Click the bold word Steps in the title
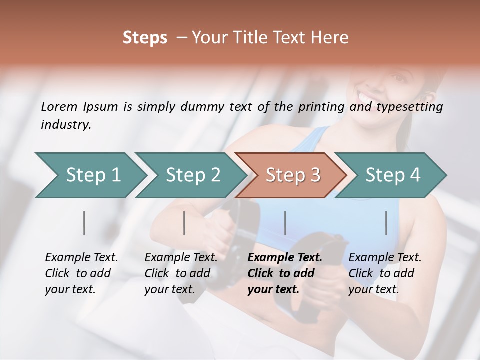pyautogui.click(x=145, y=38)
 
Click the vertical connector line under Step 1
pyautogui.click(x=84, y=223)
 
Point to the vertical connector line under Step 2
pyautogui.click(x=184, y=223)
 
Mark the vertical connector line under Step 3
pyautogui.click(x=285, y=223)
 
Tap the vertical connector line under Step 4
pyautogui.click(x=386, y=223)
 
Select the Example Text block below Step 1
pyautogui.click(x=81, y=273)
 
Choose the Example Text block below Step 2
pyautogui.click(x=181, y=273)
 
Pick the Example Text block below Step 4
pyautogui.click(x=385, y=273)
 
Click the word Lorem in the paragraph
pyautogui.click(x=59, y=106)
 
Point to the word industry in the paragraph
pyautogui.click(x=65, y=124)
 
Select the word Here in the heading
pyautogui.click(x=330, y=38)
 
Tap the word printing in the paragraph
pyautogui.click(x=320, y=107)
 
